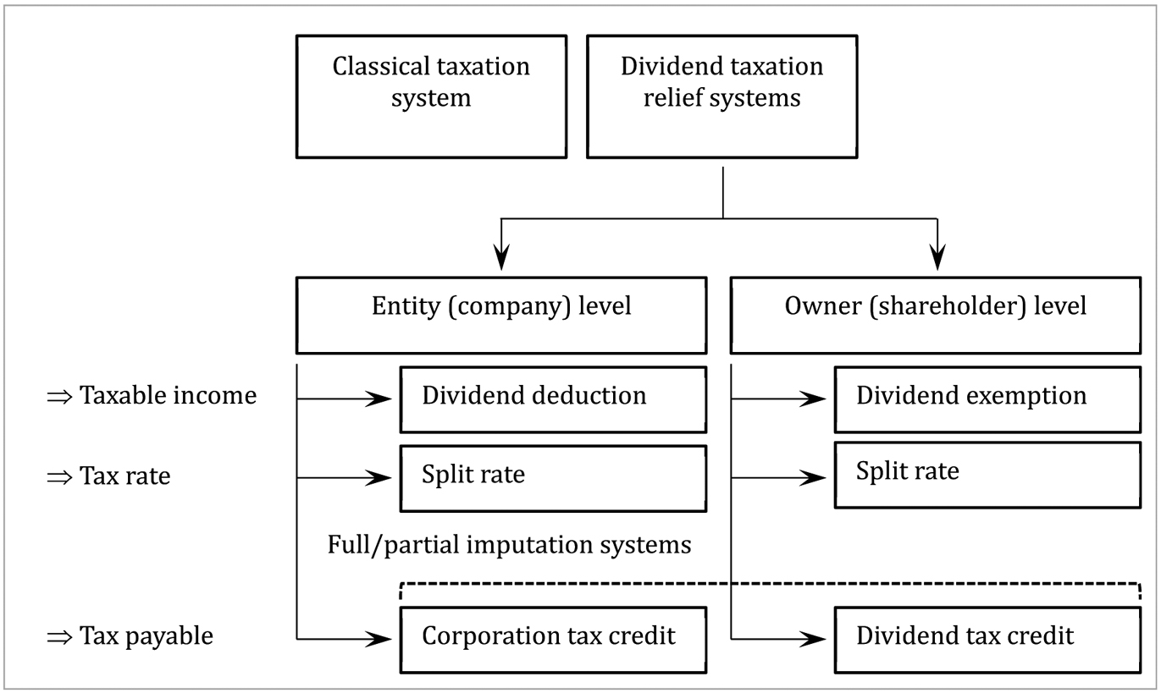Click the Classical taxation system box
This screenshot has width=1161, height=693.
(x=431, y=96)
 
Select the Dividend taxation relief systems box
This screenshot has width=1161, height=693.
(x=721, y=96)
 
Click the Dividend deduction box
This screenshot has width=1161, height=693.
(x=553, y=399)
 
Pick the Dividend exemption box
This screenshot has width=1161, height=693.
(x=987, y=399)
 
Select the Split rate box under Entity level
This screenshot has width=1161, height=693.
(x=553, y=478)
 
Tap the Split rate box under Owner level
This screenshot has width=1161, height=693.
(x=987, y=474)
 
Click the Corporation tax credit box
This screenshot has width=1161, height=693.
(x=553, y=638)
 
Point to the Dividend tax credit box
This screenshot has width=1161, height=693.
(x=987, y=638)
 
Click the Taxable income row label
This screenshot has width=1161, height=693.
(x=168, y=395)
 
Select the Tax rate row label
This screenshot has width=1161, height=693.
(x=124, y=476)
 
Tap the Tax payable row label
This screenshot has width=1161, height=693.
(x=146, y=636)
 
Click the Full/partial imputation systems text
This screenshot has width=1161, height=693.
(x=509, y=545)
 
